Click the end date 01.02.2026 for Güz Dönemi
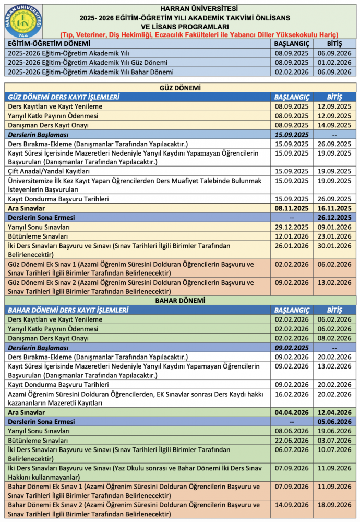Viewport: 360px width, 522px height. click(x=334, y=63)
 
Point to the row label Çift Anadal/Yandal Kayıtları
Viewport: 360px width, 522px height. click(x=50, y=171)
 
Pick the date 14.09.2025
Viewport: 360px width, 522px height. click(x=334, y=125)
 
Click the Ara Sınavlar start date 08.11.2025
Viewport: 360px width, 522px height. click(x=292, y=208)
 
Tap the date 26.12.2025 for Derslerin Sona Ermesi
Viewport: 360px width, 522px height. click(x=334, y=218)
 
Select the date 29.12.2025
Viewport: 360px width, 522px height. click(x=292, y=227)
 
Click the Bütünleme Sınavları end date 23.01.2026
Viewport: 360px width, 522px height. click(x=334, y=236)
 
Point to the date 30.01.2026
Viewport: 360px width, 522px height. click(x=334, y=246)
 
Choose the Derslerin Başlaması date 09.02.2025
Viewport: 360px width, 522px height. click(x=292, y=348)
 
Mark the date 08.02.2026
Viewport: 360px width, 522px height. click(x=334, y=338)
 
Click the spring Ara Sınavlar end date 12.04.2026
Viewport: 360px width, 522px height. click(x=334, y=412)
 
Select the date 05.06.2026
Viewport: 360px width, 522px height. click(x=334, y=422)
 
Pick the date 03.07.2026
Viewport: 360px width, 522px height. click(x=334, y=441)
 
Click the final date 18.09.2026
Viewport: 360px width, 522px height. click(x=334, y=505)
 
